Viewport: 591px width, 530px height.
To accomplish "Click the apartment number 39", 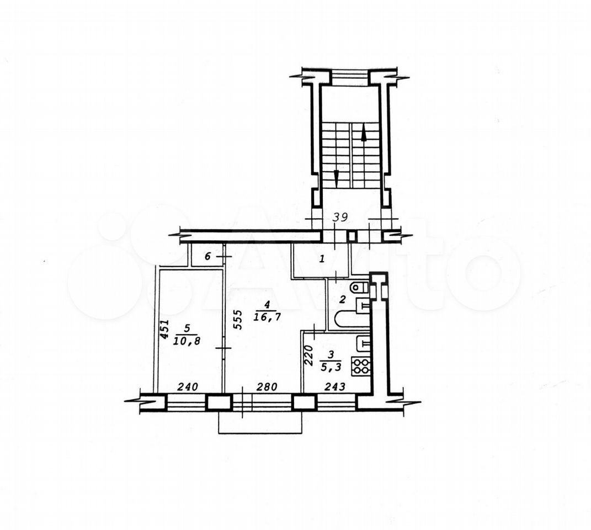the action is pyautogui.click(x=340, y=217).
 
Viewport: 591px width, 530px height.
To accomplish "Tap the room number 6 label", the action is pyautogui.click(x=207, y=257).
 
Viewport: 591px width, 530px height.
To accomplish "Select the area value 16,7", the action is pyautogui.click(x=267, y=317).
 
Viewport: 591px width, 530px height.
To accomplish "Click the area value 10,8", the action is pyautogui.click(x=187, y=341).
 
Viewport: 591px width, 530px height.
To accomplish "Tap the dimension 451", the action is pyautogui.click(x=164, y=330).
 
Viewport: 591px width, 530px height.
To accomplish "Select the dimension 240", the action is pyautogui.click(x=188, y=386).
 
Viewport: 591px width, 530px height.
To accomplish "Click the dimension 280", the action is pyautogui.click(x=267, y=386).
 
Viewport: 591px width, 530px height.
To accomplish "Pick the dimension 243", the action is pyautogui.click(x=335, y=386).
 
